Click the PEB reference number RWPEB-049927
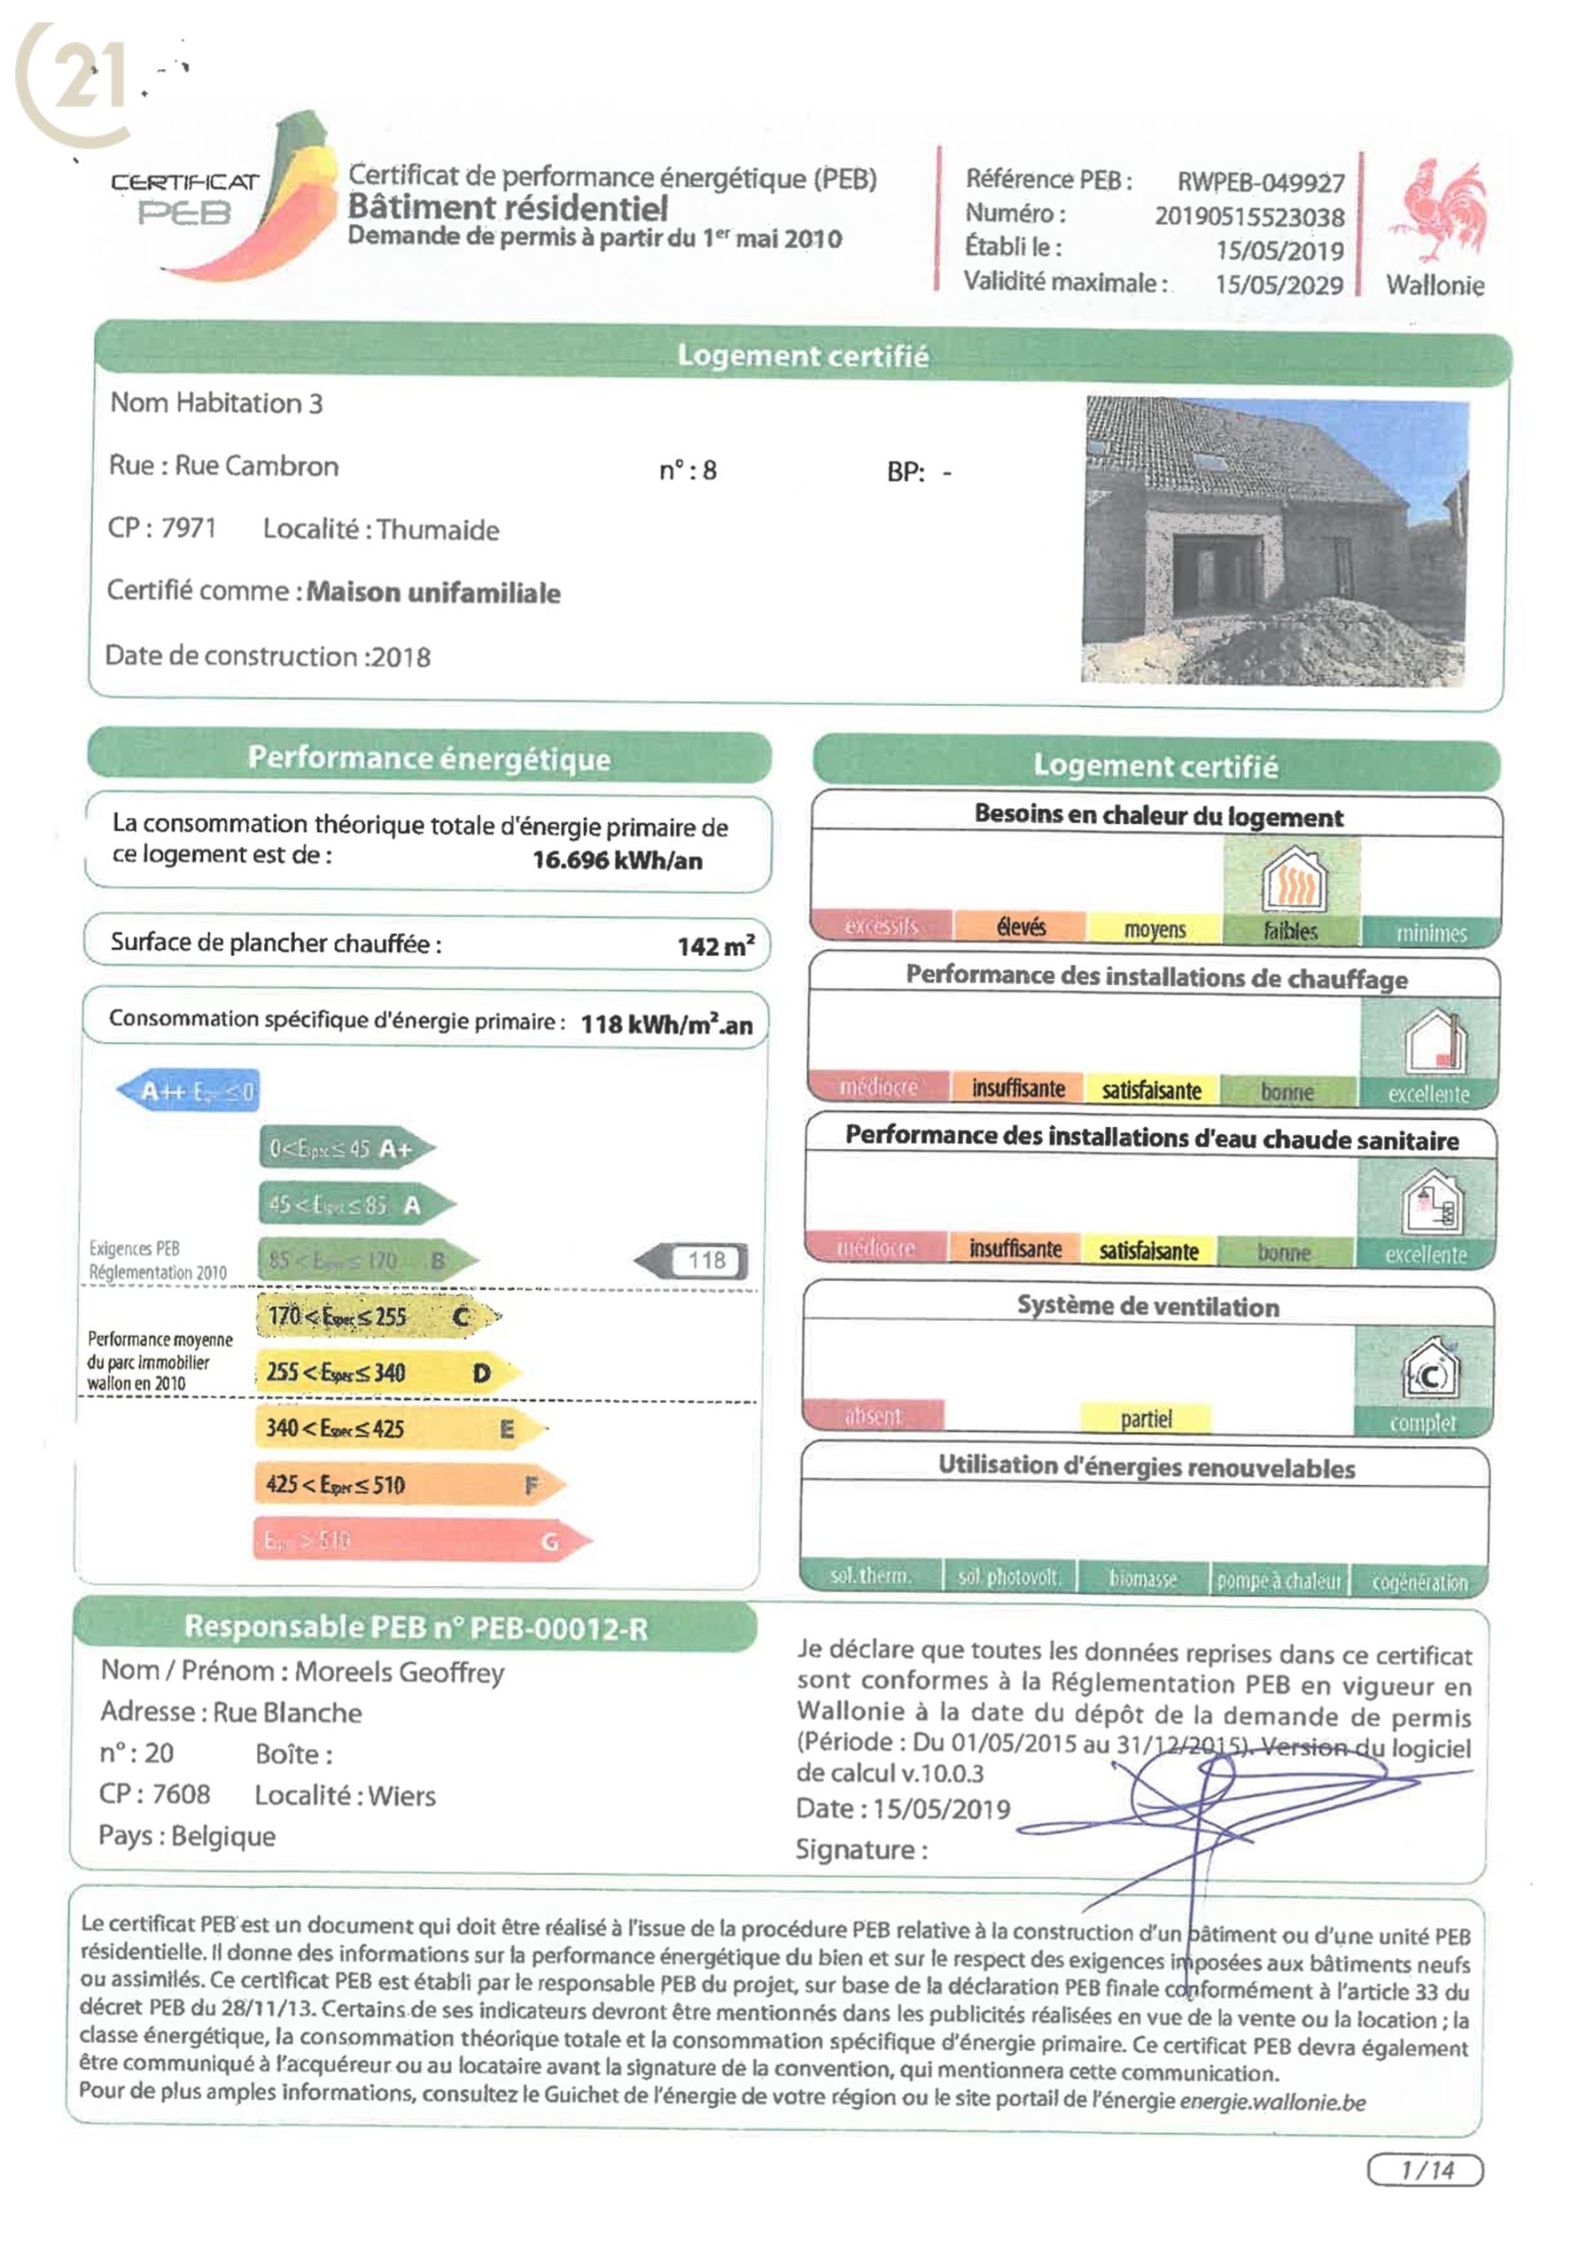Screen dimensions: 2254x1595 (1260, 183)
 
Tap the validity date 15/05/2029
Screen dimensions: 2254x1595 (1279, 284)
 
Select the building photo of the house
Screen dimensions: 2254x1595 (1275, 540)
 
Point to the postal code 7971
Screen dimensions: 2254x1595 (188, 528)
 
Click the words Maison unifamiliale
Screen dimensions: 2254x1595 (433, 592)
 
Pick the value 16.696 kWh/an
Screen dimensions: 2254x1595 (617, 860)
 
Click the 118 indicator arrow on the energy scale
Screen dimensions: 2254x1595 (692, 1260)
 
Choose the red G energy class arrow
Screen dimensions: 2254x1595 (420, 1540)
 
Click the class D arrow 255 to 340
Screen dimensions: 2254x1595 (385, 1372)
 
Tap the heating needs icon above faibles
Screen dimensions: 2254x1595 (1293, 880)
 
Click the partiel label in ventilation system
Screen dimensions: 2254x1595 (1145, 1418)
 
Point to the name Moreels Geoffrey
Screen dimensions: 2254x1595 (399, 1672)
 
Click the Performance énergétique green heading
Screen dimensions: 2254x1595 (428, 758)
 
